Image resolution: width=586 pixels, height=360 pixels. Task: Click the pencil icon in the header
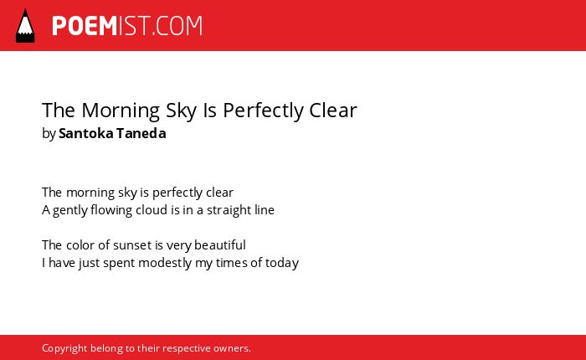(25, 25)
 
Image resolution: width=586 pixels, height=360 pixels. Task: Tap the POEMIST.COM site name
(127, 26)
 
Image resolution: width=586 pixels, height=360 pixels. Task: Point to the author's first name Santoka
(86, 133)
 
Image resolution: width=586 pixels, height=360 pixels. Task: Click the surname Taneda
(141, 133)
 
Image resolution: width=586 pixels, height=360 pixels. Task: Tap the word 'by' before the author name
(49, 134)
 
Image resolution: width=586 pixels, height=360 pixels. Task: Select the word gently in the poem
(69, 210)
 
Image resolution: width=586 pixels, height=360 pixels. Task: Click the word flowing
(111, 210)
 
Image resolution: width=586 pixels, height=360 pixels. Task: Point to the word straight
(229, 210)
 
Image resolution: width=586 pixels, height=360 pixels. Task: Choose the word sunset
(132, 245)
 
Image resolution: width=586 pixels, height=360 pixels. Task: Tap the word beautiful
(220, 245)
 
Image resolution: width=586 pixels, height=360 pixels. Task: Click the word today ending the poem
(282, 263)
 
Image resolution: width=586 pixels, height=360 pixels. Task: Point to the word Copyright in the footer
(64, 348)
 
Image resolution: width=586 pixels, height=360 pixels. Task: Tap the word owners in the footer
(232, 349)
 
